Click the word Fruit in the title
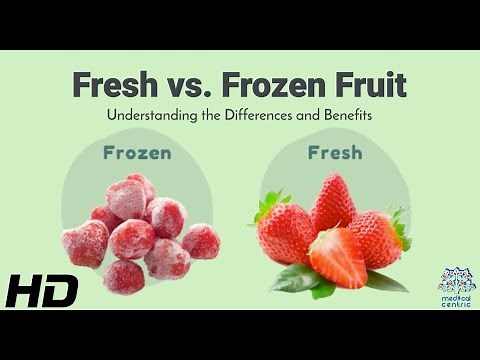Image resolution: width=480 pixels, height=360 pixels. coord(367,85)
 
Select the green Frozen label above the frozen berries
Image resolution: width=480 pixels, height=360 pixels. coord(136,153)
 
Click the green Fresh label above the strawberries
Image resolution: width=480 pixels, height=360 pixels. coord(334,153)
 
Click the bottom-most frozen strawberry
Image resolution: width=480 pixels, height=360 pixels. coord(124,276)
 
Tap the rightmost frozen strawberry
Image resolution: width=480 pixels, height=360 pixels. coord(201,241)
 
